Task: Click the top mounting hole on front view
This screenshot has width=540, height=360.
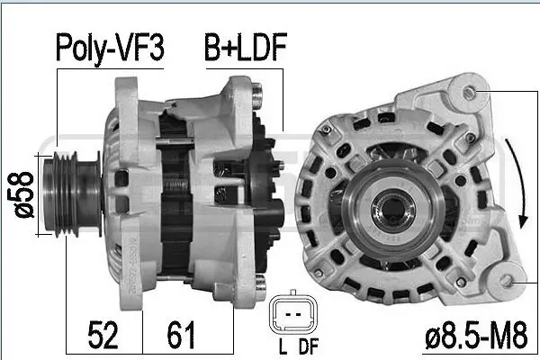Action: click(x=469, y=90)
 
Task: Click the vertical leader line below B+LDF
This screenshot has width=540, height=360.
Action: click(x=284, y=99)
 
